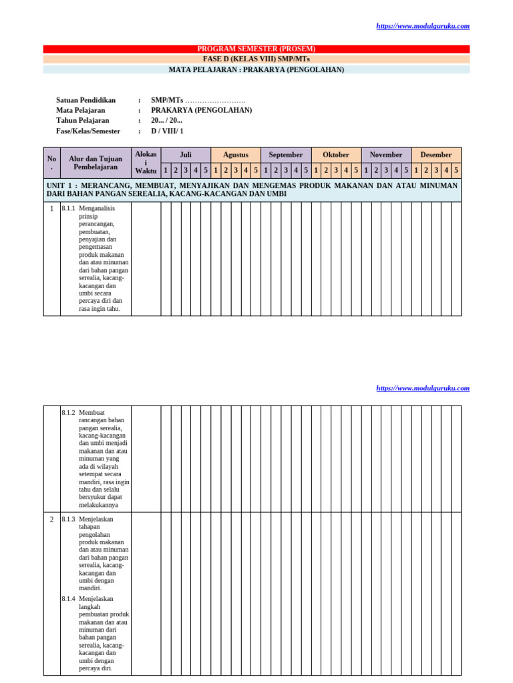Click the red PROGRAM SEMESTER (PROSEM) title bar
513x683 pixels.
[x=256, y=49]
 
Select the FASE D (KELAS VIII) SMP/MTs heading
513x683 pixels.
[x=256, y=59]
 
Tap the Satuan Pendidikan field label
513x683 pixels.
[x=86, y=100]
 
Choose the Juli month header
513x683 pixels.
[x=186, y=155]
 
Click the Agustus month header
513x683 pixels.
[x=236, y=155]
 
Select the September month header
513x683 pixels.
[x=286, y=155]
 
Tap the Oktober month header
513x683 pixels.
[x=336, y=155]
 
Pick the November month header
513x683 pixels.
[x=386, y=155]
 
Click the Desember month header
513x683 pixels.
[x=436, y=155]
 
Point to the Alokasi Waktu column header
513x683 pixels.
[x=146, y=162]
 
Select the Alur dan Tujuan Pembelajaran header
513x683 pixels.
[x=96, y=163]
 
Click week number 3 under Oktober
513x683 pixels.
[x=336, y=171]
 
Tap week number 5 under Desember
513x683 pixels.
[x=456, y=171]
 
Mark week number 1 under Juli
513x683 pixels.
[x=166, y=171]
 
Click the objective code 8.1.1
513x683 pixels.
[x=68, y=209]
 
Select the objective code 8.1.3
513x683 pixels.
[x=68, y=520]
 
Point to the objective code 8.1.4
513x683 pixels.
[x=68, y=599]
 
